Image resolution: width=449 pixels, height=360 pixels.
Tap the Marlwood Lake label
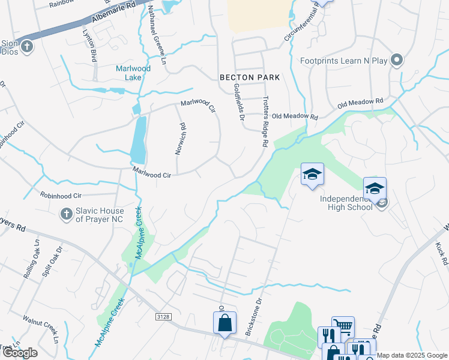133,73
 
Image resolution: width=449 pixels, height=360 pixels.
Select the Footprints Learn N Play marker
396,59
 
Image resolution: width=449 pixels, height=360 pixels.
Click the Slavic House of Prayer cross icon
67,213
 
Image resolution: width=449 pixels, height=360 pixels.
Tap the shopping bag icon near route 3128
224,323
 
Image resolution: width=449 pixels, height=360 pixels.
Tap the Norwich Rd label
179,139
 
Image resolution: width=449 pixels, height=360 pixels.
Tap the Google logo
20,353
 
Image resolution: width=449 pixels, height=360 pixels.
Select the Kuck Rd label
442,254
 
